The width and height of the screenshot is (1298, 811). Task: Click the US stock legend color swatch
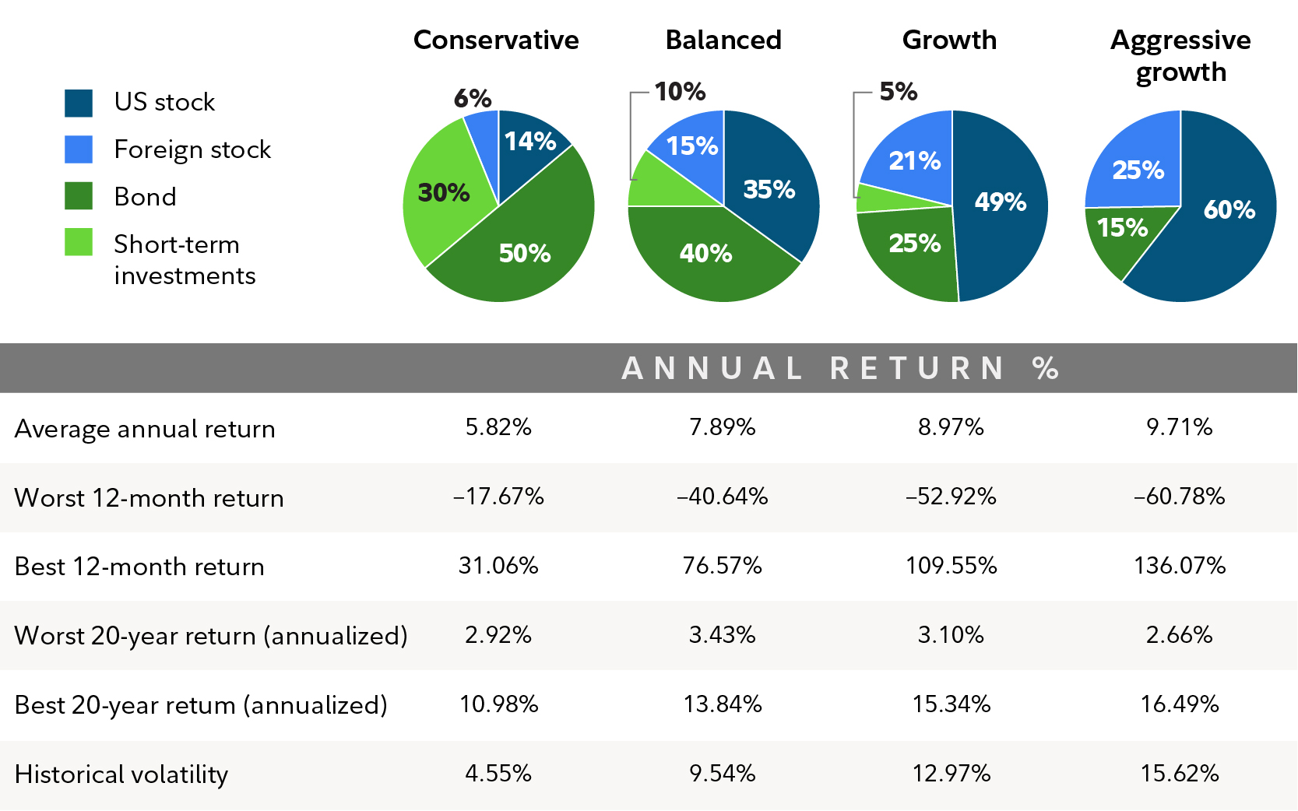click(79, 103)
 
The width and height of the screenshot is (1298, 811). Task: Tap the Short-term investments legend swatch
click(79, 242)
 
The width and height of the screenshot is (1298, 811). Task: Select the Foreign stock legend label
click(192, 149)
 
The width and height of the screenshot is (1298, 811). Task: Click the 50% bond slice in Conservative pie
click(524, 253)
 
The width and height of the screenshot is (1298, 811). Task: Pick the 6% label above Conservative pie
click(473, 99)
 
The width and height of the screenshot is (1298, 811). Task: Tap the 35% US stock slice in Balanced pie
click(769, 189)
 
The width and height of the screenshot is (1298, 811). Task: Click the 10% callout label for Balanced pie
click(680, 92)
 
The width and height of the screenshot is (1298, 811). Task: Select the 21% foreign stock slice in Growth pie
click(914, 161)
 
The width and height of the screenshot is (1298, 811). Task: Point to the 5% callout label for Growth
click(899, 92)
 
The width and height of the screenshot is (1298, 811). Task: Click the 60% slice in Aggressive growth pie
click(1229, 209)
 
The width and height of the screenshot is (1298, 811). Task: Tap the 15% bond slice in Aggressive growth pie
click(1121, 228)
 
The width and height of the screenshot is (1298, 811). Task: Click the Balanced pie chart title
click(723, 40)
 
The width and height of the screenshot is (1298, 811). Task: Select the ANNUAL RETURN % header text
click(840, 368)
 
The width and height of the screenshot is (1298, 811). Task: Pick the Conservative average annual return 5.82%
click(498, 427)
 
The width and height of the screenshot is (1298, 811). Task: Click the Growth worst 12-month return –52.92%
click(951, 497)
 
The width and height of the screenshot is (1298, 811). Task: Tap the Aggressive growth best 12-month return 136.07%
click(1180, 565)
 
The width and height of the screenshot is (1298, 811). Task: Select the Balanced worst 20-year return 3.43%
click(722, 635)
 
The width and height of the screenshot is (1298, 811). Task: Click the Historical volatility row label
click(121, 774)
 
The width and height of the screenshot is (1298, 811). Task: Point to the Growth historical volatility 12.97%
click(951, 774)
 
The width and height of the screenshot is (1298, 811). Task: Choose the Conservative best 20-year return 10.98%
click(498, 704)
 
